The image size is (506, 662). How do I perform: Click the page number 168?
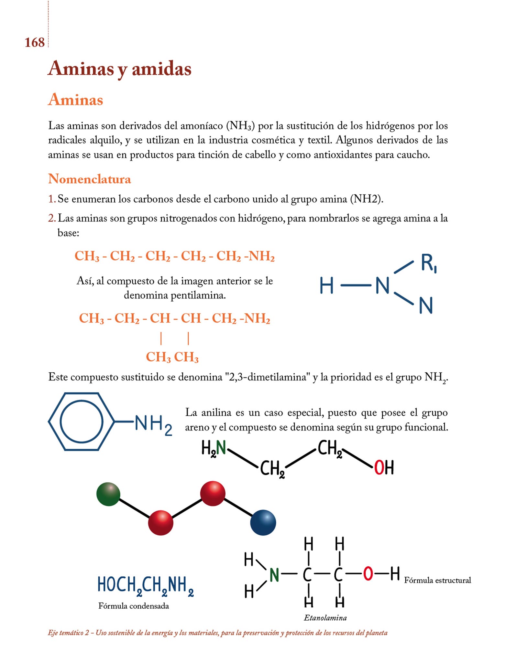[x=35, y=43]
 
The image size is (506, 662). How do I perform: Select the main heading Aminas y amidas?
[x=120, y=69]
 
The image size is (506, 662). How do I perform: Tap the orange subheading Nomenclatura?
[x=90, y=179]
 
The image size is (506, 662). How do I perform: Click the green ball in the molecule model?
[x=108, y=494]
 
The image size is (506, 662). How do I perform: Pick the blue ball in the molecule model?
[x=263, y=523]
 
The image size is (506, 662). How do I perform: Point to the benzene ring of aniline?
[x=82, y=422]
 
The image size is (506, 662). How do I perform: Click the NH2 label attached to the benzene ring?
[x=153, y=424]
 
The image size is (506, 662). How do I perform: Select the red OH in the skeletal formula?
[x=384, y=468]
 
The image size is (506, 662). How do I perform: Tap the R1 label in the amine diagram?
[x=429, y=263]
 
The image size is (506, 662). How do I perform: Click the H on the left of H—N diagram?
[x=326, y=285]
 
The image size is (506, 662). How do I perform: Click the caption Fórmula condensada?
[x=134, y=606]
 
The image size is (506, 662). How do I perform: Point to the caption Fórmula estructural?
[x=437, y=581]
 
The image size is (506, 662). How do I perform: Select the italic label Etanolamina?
[x=325, y=618]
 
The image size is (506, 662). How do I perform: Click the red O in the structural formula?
[x=368, y=574]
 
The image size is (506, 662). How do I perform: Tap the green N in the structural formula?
[x=274, y=575]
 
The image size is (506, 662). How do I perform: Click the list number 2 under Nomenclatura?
[x=52, y=219]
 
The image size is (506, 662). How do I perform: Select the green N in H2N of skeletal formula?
[x=221, y=448]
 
